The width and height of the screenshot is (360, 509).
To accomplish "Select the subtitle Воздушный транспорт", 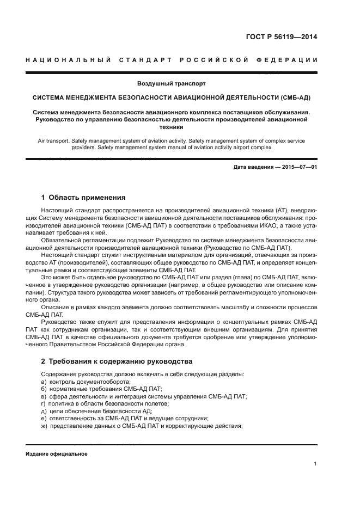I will point(172,84).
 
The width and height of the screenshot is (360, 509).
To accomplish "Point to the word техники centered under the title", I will point(172,126).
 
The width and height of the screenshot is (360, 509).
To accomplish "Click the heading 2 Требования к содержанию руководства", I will point(117,361).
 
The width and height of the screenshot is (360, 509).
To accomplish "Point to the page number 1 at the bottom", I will point(315,464).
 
